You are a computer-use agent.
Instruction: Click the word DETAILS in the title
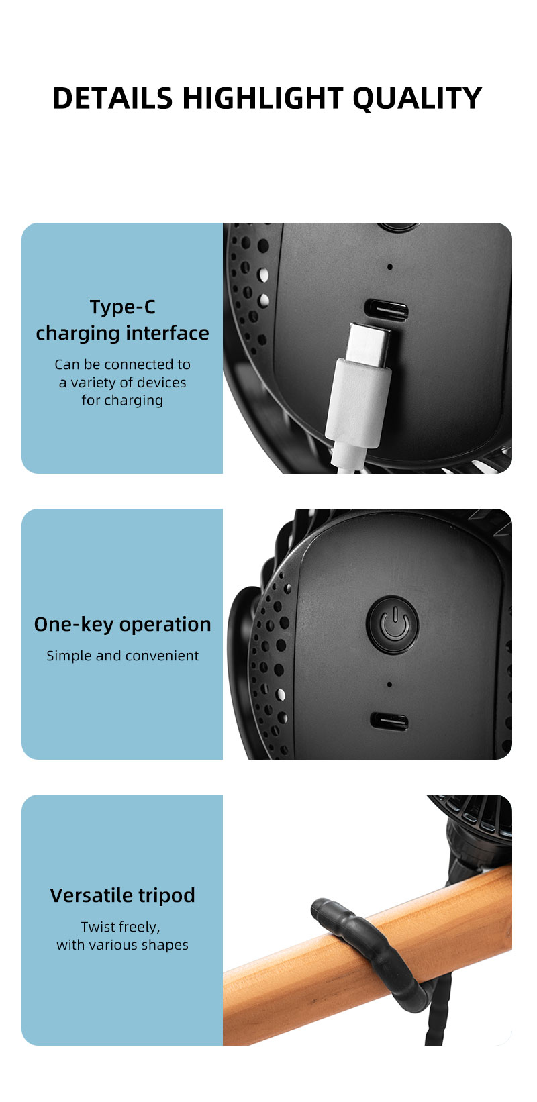tap(112, 99)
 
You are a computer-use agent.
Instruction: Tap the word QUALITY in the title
tap(416, 99)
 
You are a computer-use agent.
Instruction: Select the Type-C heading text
tap(122, 307)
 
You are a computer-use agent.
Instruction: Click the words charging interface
tap(122, 334)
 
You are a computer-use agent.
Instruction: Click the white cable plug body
tap(357, 403)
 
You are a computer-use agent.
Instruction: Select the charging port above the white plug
tap(386, 311)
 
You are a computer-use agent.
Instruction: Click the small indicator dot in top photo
tap(390, 267)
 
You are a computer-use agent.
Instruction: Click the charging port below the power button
tap(389, 722)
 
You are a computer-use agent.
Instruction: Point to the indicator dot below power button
tap(390, 685)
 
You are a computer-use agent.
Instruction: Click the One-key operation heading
tap(122, 625)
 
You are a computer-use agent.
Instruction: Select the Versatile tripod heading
tap(122, 896)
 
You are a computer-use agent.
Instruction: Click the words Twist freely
tap(121, 928)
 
